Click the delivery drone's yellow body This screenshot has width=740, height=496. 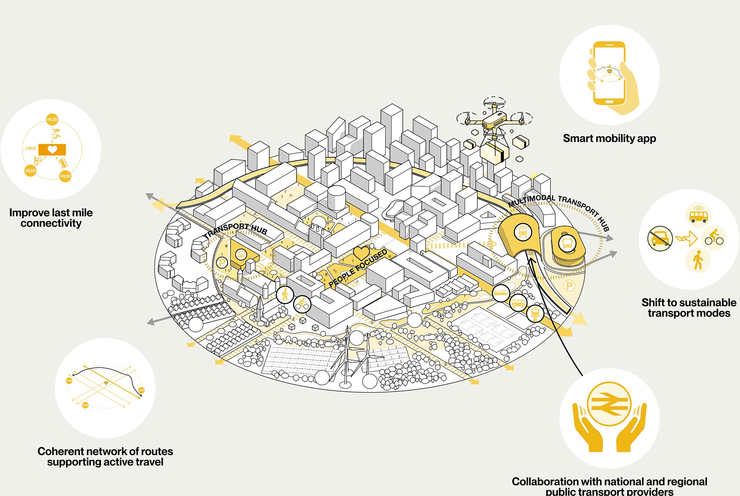point(495,121)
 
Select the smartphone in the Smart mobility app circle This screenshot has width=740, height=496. point(609,73)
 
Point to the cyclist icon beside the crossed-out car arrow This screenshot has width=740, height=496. point(714,238)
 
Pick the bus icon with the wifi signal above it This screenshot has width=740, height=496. point(699,215)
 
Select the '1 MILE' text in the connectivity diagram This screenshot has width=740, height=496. point(30,148)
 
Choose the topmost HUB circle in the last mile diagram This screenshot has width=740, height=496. point(52,119)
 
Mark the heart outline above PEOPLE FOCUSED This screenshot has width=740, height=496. point(361,253)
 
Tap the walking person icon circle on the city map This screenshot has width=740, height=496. point(285,295)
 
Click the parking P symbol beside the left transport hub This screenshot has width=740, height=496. point(222,262)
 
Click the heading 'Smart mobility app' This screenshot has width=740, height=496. point(609,138)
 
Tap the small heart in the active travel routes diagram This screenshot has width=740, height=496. point(106,383)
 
